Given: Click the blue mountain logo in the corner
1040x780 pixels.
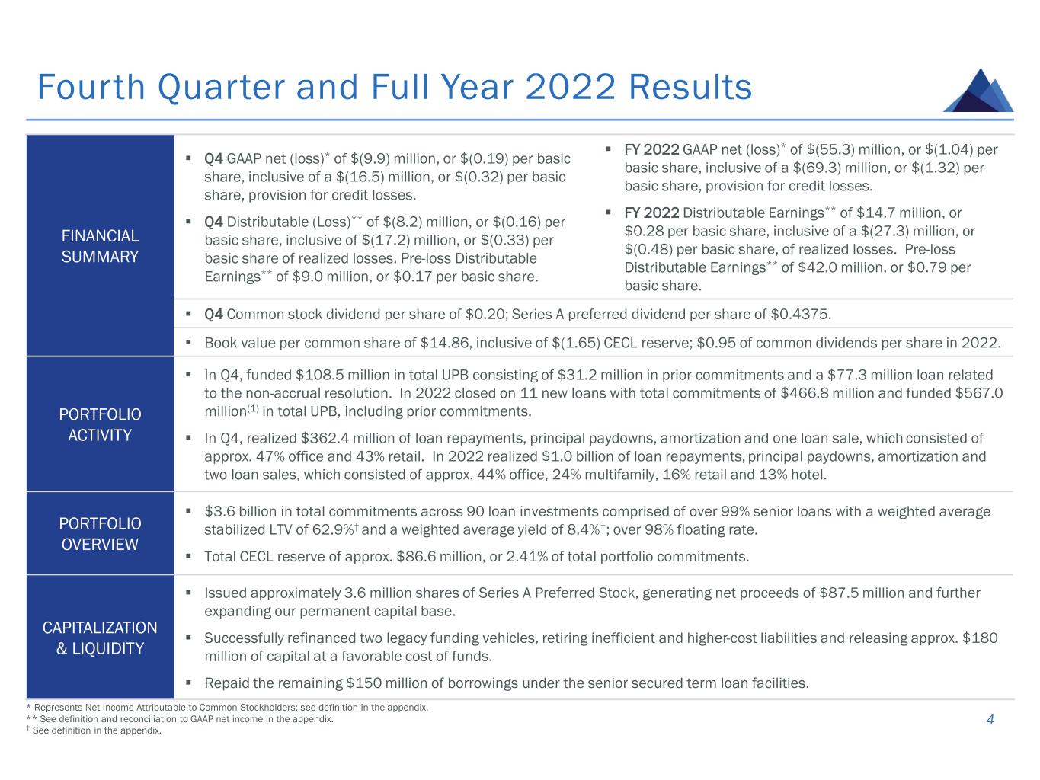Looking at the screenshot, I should click(978, 91).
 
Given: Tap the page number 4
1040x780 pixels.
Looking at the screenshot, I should click(990, 721).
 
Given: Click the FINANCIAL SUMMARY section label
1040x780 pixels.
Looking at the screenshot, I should click(100, 246).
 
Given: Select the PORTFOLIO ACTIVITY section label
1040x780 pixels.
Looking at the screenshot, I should click(100, 424).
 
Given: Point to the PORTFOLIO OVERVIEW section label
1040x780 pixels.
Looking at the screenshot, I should click(100, 534).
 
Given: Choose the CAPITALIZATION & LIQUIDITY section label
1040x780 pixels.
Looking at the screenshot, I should click(100, 638).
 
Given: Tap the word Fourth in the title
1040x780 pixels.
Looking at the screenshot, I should click(91, 88).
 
